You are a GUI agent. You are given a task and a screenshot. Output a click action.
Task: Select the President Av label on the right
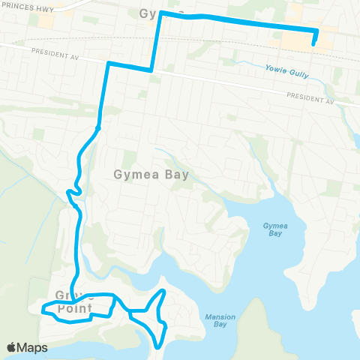pyautogui.click(x=310, y=97)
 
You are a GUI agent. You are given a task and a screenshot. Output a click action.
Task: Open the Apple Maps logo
pyautogui.click(x=27, y=347)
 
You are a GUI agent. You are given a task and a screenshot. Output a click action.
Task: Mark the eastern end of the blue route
pyautogui.click(x=313, y=44)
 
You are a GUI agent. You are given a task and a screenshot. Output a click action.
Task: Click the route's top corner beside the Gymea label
pyautogui.click(x=160, y=13)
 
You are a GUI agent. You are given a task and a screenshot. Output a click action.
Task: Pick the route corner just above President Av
pyautogui.click(x=153, y=70)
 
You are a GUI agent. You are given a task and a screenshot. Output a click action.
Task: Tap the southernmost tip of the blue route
pyautogui.click(x=158, y=346)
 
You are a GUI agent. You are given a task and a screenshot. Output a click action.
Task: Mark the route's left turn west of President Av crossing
pyautogui.click(x=109, y=64)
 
